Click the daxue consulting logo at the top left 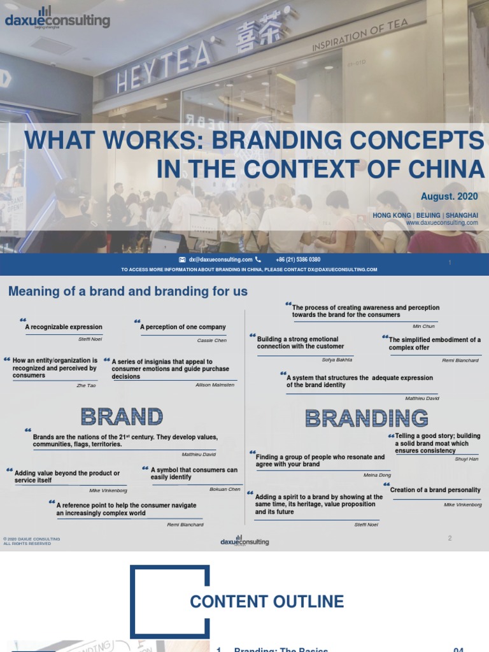click(57, 19)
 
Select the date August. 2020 click(449, 196)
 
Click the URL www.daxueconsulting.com click(441, 223)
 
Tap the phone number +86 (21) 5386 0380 click(298, 260)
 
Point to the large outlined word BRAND click(122, 417)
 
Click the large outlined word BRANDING click(366, 418)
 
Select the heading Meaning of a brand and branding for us click(127, 292)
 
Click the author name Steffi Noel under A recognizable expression click(90, 339)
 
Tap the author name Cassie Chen click(211, 341)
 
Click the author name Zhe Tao click(86, 386)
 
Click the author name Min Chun click(423, 326)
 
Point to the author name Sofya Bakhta click(337, 360)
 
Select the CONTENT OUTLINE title click(267, 602)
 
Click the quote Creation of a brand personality click(435, 490)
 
